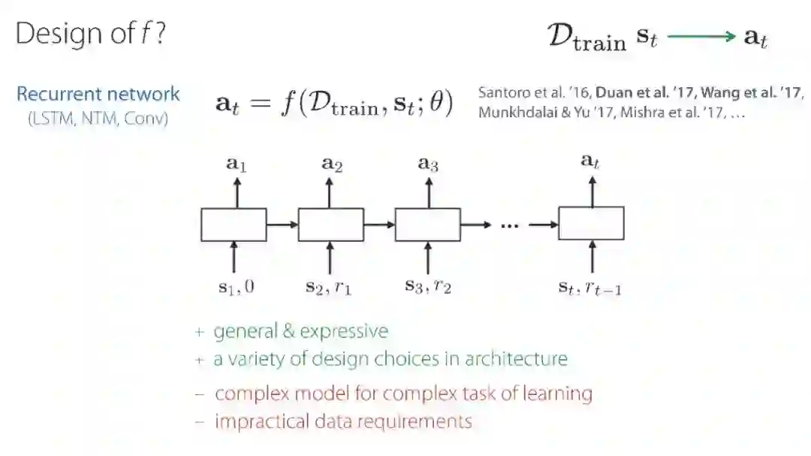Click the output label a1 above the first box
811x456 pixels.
pos(237,164)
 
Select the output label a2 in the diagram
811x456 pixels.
pos(332,164)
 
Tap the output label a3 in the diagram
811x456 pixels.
pos(428,164)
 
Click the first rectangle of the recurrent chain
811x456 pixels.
pos(234,225)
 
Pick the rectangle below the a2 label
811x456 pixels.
pos(330,225)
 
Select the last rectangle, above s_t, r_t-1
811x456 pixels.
pos(591,223)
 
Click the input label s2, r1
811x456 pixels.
pos(328,287)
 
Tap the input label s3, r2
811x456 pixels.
pos(428,286)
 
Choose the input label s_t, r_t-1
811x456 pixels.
pos(589,287)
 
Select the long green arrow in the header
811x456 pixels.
pos(700,37)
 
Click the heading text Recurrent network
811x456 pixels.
pos(98,94)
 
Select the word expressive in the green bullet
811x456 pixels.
pos(350,331)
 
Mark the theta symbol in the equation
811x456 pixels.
pos(436,104)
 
